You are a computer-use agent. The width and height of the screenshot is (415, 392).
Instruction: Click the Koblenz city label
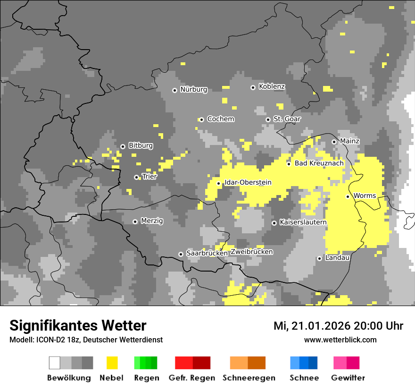(x=272, y=86)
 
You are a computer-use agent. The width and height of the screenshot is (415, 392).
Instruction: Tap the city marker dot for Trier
(x=137, y=178)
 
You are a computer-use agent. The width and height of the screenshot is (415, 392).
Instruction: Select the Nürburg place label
(x=193, y=89)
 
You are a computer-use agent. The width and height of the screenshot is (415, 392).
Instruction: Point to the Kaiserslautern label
(x=303, y=222)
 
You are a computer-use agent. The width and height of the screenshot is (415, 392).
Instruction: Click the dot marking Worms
(x=348, y=196)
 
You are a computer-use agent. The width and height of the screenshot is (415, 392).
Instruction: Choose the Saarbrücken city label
(x=207, y=253)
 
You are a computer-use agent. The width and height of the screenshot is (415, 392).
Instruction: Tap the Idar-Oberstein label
(x=248, y=182)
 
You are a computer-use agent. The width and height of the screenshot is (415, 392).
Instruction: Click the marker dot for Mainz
(x=334, y=142)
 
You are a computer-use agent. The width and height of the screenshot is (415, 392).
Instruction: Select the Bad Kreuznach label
(x=319, y=163)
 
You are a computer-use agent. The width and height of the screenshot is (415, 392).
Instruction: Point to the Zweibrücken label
(x=252, y=252)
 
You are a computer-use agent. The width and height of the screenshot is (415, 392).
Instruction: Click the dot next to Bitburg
(x=123, y=146)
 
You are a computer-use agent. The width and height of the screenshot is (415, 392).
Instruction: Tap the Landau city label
(x=337, y=258)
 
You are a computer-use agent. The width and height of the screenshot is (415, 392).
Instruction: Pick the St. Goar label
(x=287, y=119)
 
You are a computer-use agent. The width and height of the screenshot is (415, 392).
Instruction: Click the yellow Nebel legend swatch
(x=112, y=363)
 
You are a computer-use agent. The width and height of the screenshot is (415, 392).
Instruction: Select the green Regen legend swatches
(x=146, y=363)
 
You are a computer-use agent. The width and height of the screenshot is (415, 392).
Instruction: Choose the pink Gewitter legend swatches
(x=346, y=363)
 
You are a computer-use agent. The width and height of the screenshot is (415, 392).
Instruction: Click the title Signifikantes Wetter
(x=78, y=325)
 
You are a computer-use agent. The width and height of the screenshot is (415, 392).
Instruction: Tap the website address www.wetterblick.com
(x=340, y=340)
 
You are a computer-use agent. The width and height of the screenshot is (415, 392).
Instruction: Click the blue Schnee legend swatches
(x=304, y=363)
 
